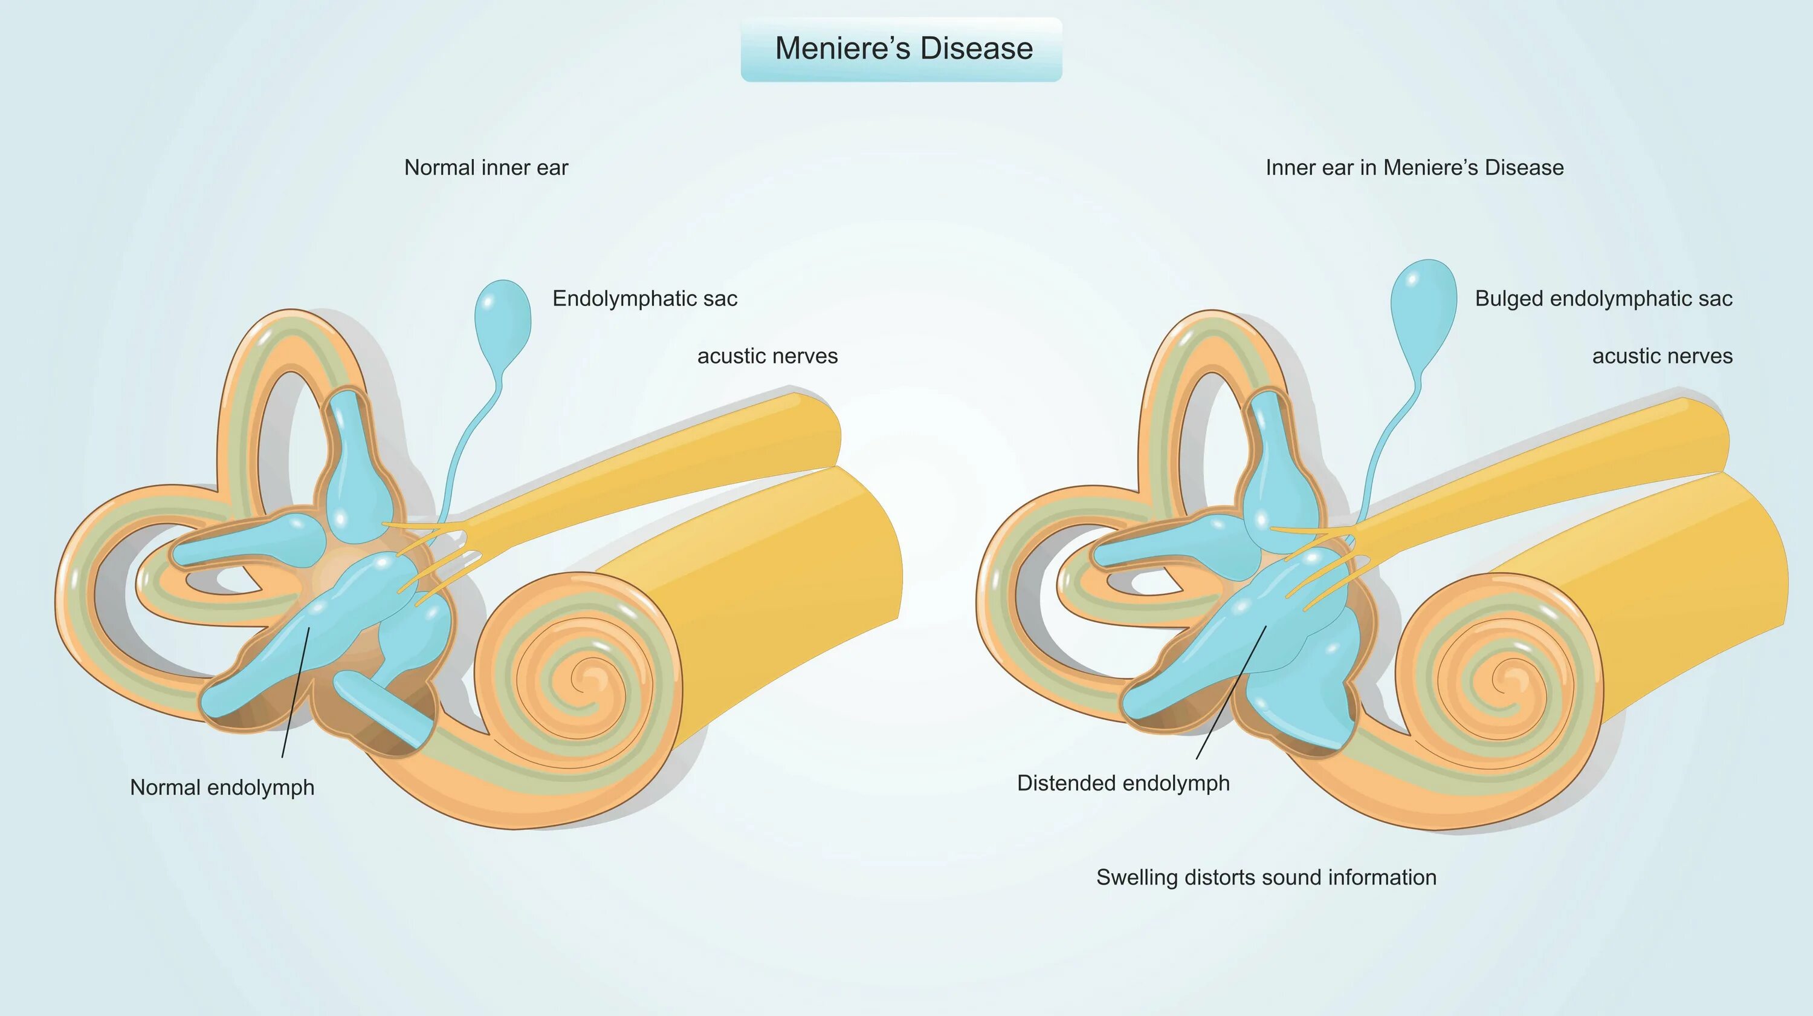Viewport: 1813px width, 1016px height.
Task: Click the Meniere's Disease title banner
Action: pyautogui.click(x=901, y=49)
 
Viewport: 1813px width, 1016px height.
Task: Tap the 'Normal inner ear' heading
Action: pyautogui.click(x=486, y=168)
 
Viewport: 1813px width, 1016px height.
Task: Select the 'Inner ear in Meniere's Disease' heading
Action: pyautogui.click(x=1414, y=168)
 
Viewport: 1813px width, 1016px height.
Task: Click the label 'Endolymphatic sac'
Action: pyautogui.click(x=645, y=299)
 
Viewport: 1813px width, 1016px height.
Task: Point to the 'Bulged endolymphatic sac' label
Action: pyautogui.click(x=1603, y=299)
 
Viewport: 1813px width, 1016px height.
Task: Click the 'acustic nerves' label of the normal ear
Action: pyautogui.click(x=767, y=356)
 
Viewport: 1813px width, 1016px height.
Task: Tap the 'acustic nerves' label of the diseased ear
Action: pyautogui.click(x=1662, y=356)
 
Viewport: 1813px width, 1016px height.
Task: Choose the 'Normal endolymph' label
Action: pyautogui.click(x=222, y=787)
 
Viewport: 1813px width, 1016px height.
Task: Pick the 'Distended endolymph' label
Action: pyautogui.click(x=1123, y=783)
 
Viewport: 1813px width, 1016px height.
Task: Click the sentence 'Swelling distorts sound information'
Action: pyautogui.click(x=1266, y=878)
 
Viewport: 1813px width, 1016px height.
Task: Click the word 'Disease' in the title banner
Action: pyautogui.click(x=976, y=48)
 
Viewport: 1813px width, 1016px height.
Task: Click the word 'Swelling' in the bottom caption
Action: pyautogui.click(x=1137, y=878)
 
